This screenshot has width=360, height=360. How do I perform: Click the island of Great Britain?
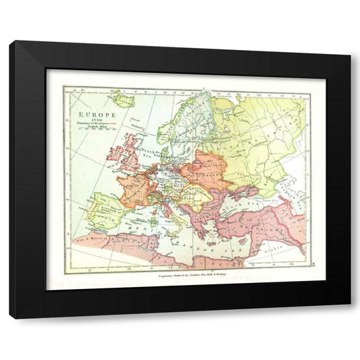pyautogui.click(x=130, y=152)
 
